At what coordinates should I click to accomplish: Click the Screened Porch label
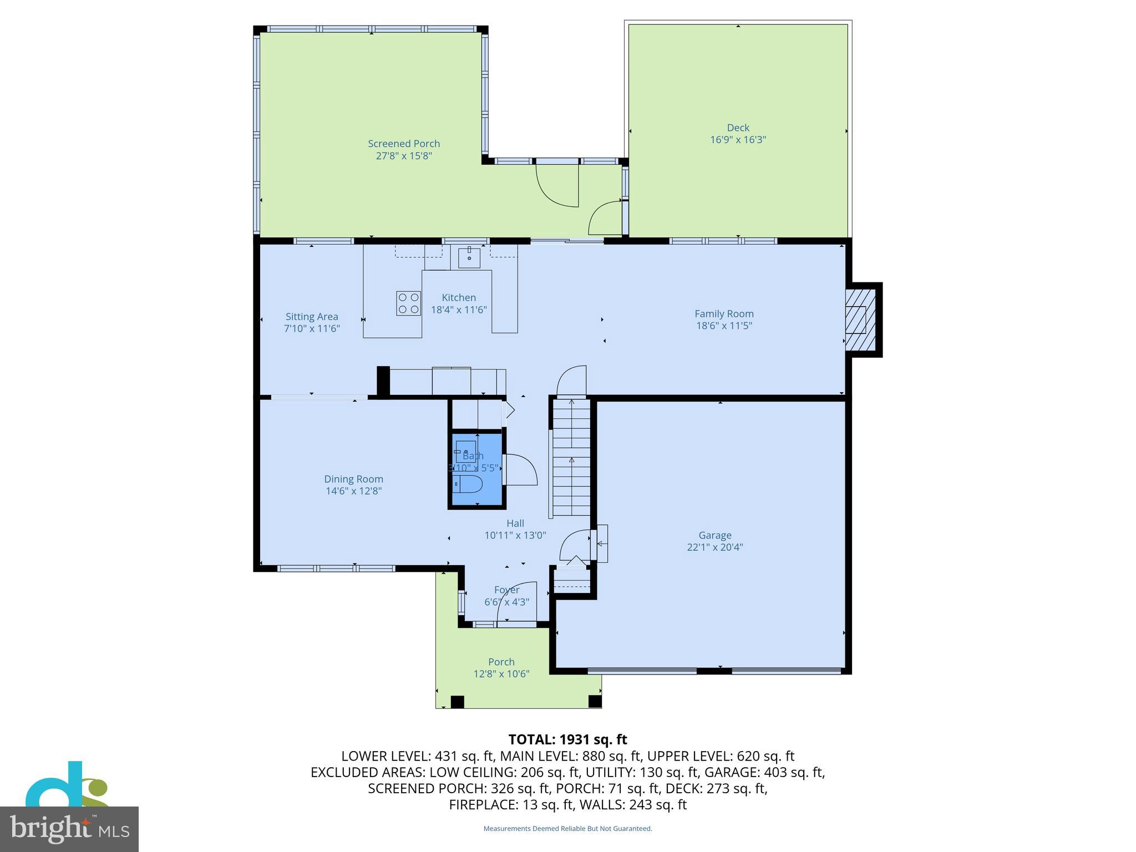coord(404,144)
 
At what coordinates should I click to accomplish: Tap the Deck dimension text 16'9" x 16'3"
coord(738,140)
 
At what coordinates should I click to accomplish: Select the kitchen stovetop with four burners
coord(408,303)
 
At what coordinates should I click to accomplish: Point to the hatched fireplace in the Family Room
coord(860,319)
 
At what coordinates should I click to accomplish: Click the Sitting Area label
coord(312,317)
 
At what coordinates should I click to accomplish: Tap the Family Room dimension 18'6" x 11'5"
coord(724,326)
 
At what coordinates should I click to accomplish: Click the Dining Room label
coord(353,479)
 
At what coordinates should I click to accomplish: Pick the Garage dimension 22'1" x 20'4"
coord(714,547)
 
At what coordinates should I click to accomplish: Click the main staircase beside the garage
coord(571,460)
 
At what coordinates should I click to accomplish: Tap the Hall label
coord(515,523)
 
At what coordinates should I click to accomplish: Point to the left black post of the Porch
coord(457,702)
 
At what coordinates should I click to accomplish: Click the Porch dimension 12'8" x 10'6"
coord(501,674)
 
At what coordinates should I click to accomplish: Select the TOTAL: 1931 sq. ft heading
coord(567,739)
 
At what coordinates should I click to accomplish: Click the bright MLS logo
coord(69,829)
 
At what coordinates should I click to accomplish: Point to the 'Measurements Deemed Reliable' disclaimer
coord(567,829)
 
